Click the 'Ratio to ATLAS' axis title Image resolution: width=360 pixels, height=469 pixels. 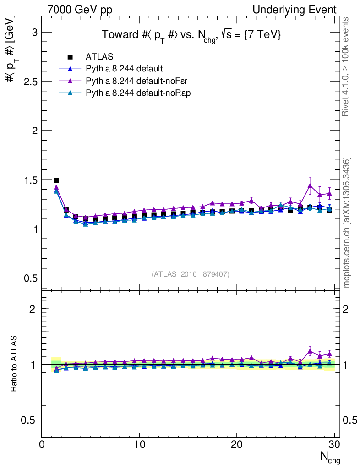[15, 364]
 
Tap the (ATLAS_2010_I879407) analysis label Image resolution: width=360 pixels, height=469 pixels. [191, 274]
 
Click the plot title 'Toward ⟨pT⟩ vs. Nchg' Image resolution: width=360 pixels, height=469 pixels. [191, 35]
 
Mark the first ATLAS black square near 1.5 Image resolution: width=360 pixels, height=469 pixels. [56, 180]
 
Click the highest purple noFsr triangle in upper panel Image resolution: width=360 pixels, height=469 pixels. [310, 185]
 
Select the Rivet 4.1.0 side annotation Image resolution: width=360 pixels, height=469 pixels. [346, 66]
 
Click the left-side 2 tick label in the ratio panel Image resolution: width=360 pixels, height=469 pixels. [33, 309]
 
